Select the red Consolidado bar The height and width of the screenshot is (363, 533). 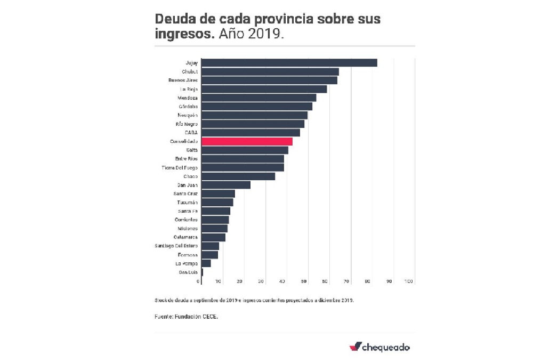pyautogui.click(x=247, y=141)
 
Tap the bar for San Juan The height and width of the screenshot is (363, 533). pyautogui.click(x=226, y=185)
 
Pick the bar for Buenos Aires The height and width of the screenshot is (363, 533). pyautogui.click(x=269, y=80)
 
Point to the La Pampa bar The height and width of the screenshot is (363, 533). pyautogui.click(x=206, y=263)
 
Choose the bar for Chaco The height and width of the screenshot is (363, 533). pyautogui.click(x=238, y=176)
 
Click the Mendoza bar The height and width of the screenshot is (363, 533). pyautogui.click(x=259, y=98)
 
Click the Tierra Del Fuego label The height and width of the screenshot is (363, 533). pyautogui.click(x=180, y=168)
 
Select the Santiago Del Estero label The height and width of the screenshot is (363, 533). pyautogui.click(x=176, y=246)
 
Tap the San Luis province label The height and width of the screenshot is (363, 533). pyautogui.click(x=188, y=272)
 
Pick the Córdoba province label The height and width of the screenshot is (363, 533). pyautogui.click(x=188, y=107)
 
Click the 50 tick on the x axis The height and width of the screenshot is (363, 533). pyautogui.click(x=304, y=281)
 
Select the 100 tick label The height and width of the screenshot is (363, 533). pyautogui.click(x=409, y=281)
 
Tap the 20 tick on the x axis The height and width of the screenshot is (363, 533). pyautogui.click(x=240, y=281)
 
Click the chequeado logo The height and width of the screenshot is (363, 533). pyautogui.click(x=379, y=347)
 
